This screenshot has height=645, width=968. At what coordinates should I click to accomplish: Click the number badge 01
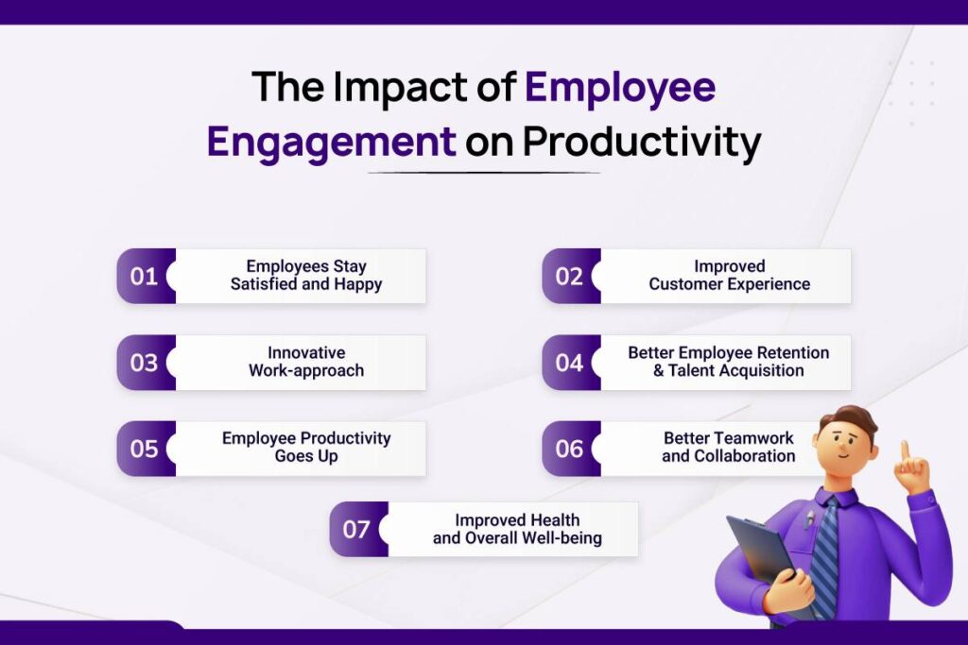(145, 277)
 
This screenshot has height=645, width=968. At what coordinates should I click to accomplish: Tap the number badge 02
(569, 277)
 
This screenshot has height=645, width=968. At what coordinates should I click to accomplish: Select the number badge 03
(145, 363)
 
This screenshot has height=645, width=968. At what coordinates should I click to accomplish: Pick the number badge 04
(569, 363)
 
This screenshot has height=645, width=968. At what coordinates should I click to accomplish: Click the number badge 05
(145, 449)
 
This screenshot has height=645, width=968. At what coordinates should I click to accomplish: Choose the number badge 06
(569, 449)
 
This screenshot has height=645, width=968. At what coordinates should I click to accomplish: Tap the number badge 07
(356, 529)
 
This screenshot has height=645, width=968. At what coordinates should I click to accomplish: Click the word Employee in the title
(620, 88)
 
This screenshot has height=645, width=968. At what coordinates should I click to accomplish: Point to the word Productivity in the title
(642, 143)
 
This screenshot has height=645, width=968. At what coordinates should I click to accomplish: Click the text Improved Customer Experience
(729, 276)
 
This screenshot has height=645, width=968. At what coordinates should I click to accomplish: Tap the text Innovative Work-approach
(306, 362)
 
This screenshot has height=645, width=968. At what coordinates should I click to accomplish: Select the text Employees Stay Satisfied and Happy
(306, 276)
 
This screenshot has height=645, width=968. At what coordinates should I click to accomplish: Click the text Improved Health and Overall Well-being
(517, 529)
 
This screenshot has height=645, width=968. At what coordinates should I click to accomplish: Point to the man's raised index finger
(905, 451)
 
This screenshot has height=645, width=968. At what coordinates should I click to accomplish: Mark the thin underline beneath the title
(483, 173)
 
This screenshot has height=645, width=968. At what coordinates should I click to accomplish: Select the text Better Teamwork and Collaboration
(728, 448)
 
